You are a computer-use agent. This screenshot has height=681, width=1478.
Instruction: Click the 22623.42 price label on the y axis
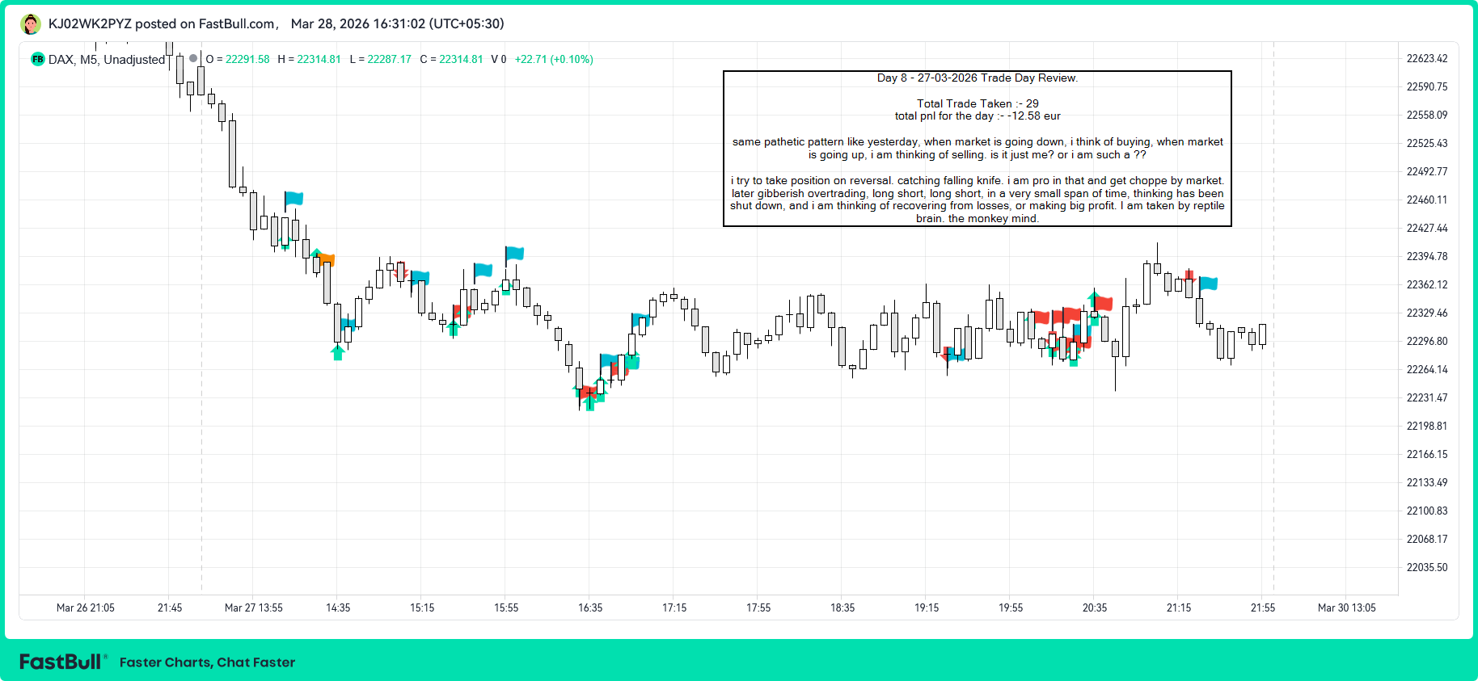[x=1426, y=58]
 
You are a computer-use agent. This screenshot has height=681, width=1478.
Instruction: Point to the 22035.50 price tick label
[x=1426, y=567]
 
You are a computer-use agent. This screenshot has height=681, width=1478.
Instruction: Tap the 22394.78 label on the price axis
[x=1426, y=256]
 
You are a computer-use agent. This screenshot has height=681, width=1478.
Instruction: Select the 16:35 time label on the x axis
[x=590, y=607]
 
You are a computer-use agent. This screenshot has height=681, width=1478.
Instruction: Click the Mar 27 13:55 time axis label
[x=253, y=607]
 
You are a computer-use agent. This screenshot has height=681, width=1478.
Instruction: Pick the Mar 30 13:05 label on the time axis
[x=1346, y=607]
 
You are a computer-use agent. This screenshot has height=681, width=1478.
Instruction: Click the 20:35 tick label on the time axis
[x=1095, y=607]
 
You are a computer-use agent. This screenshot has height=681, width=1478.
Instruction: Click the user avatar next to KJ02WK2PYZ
[x=31, y=24]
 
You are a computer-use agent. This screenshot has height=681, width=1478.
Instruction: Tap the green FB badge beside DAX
[x=37, y=59]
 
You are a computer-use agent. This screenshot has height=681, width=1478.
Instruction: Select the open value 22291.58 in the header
[x=247, y=59]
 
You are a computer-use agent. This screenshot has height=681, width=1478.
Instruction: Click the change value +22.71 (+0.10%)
[x=554, y=59]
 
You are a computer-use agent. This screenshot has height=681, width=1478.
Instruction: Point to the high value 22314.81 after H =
[x=319, y=59]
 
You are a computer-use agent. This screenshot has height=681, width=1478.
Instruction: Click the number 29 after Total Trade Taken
[x=1032, y=103]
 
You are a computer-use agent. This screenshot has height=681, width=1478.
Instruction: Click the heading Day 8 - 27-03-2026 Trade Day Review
[x=977, y=78]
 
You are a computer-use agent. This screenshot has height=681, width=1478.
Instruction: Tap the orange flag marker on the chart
[x=326, y=259]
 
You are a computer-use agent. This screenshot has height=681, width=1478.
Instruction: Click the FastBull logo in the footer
[x=61, y=662]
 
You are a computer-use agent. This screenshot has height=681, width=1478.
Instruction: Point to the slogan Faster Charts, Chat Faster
[x=207, y=662]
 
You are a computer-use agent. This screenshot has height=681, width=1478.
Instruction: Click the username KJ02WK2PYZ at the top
[x=90, y=23]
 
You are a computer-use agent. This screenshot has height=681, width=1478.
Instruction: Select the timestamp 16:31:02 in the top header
[x=399, y=23]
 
